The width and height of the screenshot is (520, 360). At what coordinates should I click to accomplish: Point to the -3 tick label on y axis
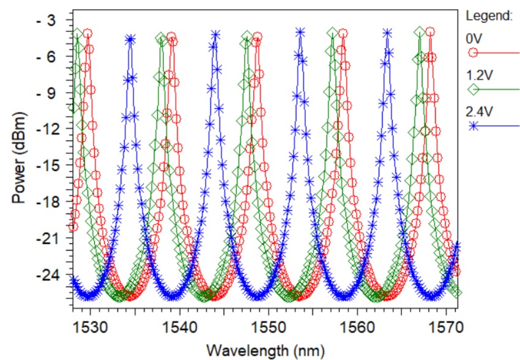pyautogui.click(x=47, y=20)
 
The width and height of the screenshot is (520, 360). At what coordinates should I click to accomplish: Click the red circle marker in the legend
pyautogui.click(x=473, y=53)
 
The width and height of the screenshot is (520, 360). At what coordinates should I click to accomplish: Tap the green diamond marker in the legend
pyautogui.click(x=473, y=90)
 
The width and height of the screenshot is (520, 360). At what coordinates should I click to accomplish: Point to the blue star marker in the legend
pyautogui.click(x=473, y=126)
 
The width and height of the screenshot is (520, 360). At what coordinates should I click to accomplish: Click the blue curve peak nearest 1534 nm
pyautogui.click(x=130, y=39)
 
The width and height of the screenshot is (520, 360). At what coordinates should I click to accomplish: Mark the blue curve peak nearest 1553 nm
pyautogui.click(x=300, y=32)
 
